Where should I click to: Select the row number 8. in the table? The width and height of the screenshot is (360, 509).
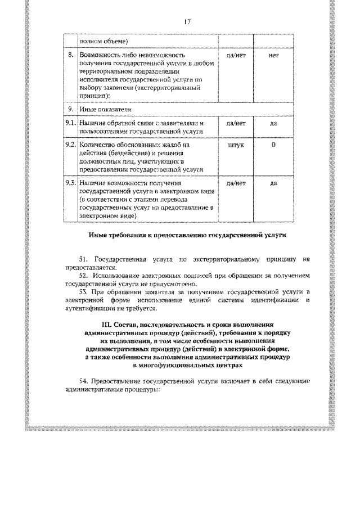point(71,56)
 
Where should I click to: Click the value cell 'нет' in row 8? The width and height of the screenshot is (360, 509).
point(274,56)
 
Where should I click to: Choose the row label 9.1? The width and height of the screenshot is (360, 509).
point(70,123)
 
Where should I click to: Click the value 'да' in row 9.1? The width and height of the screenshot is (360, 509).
point(274,123)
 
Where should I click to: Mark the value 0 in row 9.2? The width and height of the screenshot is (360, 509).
point(274,145)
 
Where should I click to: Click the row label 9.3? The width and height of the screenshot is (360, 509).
point(70,183)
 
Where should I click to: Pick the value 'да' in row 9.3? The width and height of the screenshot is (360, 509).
point(274,183)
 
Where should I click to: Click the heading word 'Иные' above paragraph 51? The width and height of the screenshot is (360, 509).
point(98,236)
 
